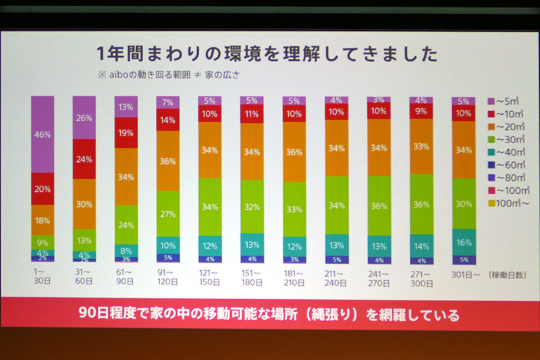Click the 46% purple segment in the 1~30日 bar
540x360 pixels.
43,134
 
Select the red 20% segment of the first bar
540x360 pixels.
43,189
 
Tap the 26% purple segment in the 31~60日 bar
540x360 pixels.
84,118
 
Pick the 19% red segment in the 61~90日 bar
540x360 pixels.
126,134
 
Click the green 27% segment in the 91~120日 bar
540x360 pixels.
168,214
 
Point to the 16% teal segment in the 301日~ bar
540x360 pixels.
464,242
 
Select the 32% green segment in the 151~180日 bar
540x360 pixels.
252,207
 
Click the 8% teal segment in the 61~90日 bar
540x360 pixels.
126,249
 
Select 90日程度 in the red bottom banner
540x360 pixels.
107,315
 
